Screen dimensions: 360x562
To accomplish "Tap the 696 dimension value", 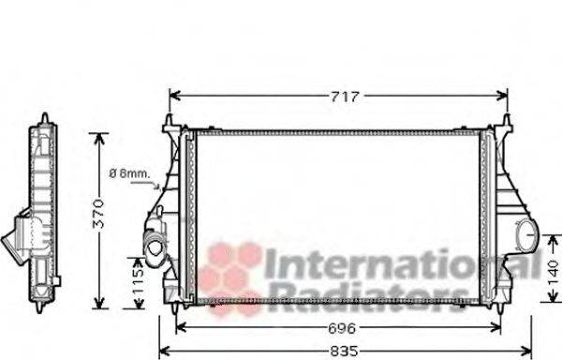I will [342, 328].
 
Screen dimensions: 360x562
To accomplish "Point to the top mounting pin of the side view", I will [44, 119].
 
